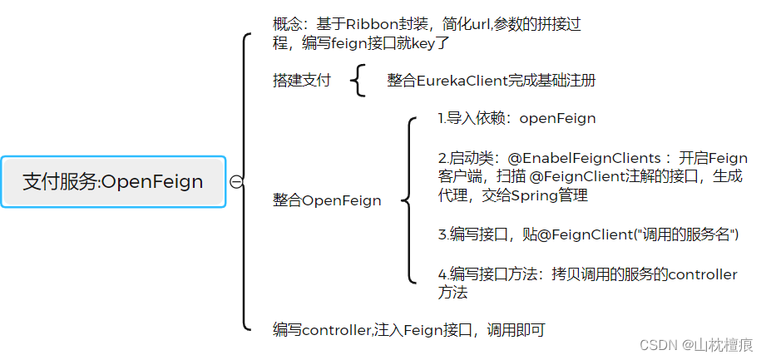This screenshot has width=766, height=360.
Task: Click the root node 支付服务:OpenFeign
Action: (113, 182)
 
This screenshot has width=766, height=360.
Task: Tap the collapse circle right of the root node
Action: (236, 182)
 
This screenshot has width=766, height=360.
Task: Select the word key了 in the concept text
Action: (430, 43)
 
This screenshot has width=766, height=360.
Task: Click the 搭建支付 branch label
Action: (301, 81)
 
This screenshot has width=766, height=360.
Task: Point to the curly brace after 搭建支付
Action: (358, 81)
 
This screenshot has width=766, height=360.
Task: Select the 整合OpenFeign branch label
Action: (327, 200)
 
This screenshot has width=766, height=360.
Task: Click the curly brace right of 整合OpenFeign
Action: (408, 200)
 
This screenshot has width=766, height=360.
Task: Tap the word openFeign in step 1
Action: (557, 118)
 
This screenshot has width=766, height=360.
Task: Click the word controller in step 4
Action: (703, 274)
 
